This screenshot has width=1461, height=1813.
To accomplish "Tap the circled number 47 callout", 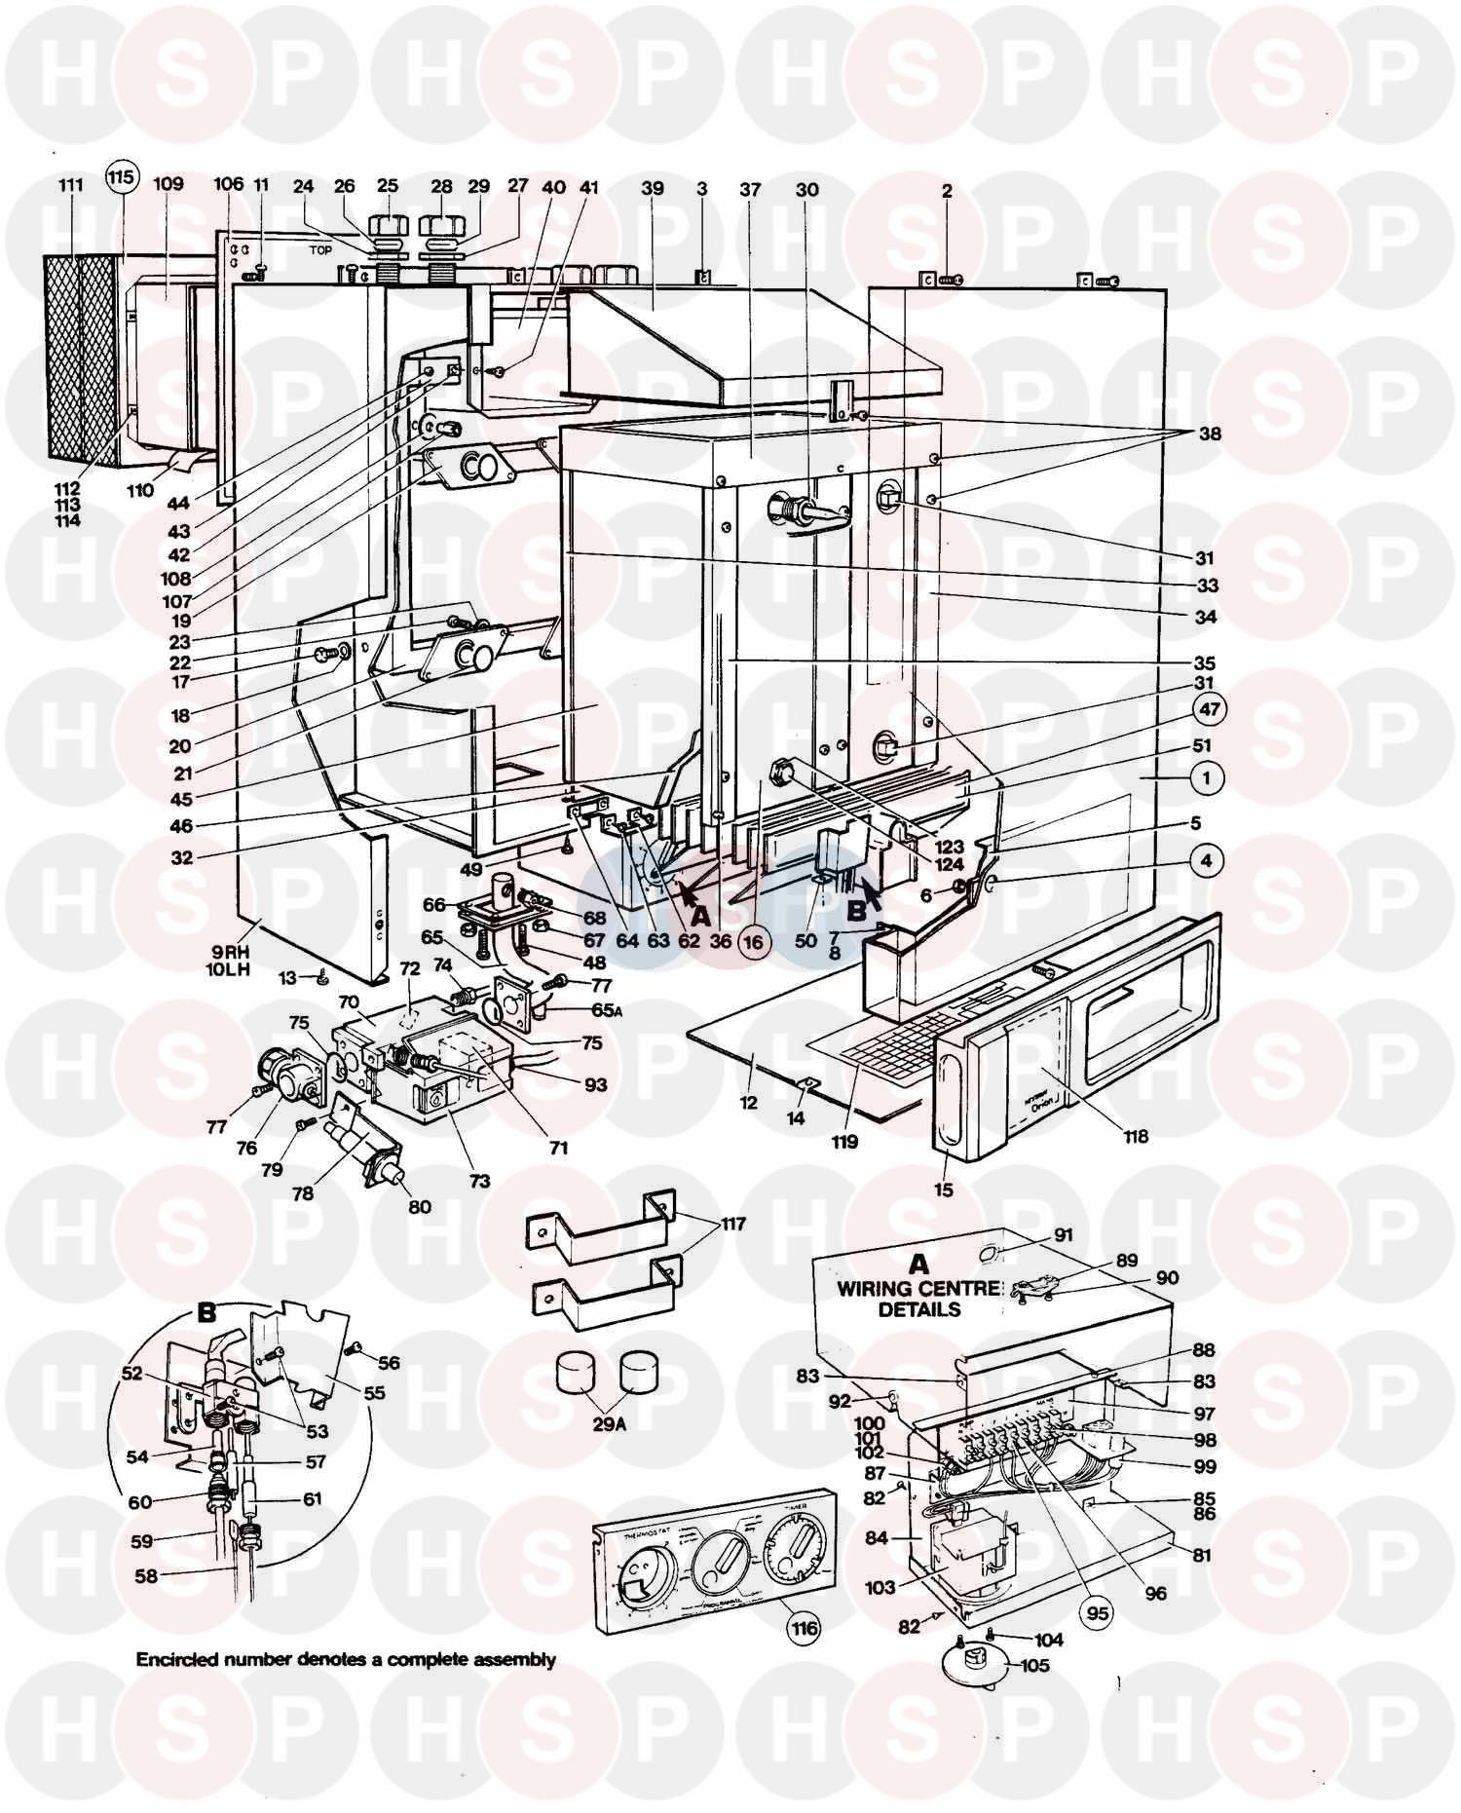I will coord(1209,709).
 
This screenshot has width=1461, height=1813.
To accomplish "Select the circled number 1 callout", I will coord(1207,777).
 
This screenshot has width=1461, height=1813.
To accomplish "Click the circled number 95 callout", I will coord(1098,1612).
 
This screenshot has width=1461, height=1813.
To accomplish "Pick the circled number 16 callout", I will coord(755,941).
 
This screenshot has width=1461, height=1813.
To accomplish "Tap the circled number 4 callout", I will coord(1207,861).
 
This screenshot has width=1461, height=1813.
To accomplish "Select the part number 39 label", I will coord(652,189).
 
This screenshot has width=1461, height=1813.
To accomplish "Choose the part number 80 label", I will coord(419,1207).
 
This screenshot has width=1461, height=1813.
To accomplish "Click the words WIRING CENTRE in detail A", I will coord(918,1288).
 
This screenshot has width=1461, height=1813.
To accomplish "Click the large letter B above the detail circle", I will coord(206,1312).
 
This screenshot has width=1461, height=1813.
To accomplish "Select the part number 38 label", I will coord(1209,434).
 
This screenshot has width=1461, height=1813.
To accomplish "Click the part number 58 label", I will coord(144,1575).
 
